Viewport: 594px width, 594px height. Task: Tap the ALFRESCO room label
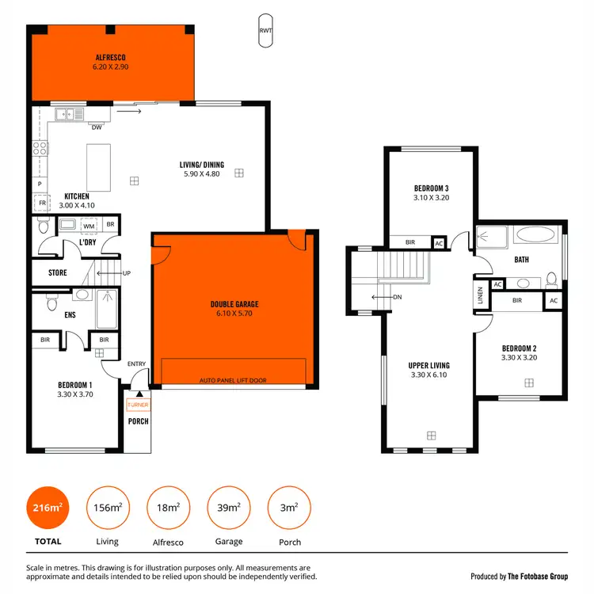click(x=111, y=58)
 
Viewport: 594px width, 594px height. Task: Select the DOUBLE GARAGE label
click(x=234, y=304)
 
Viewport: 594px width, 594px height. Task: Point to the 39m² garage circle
click(x=229, y=508)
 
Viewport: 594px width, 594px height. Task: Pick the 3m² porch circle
click(x=290, y=508)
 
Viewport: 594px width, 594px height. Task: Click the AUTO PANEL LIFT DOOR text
click(x=234, y=381)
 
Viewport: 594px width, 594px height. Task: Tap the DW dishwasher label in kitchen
click(x=96, y=127)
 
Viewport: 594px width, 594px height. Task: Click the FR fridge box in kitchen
click(x=42, y=203)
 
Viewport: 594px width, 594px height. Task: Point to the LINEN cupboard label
click(x=480, y=295)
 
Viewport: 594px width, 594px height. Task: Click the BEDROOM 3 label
click(x=432, y=188)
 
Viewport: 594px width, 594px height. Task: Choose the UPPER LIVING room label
click(x=428, y=366)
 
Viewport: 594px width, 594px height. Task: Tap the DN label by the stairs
click(x=397, y=298)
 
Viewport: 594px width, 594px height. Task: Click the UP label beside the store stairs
click(x=126, y=273)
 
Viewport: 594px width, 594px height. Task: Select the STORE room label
click(x=58, y=273)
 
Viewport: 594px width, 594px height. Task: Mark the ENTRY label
click(x=137, y=364)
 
